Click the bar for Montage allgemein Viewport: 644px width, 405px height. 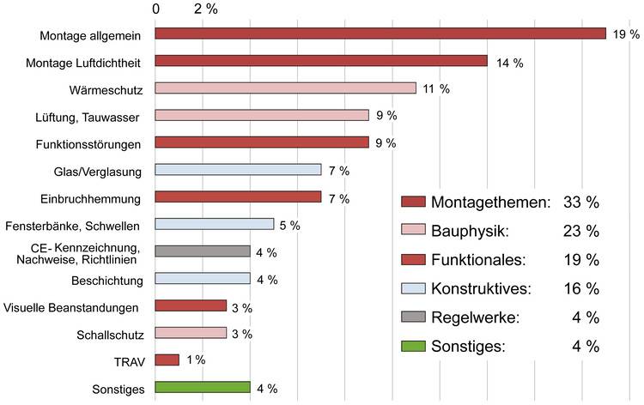pyautogui.click(x=380, y=33)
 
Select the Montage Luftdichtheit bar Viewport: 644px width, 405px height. pyautogui.click(x=321, y=61)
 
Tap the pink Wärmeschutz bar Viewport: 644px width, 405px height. pyautogui.click(x=285, y=88)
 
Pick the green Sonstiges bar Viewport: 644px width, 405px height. pyautogui.click(x=203, y=388)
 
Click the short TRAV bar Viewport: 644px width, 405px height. pyautogui.click(x=167, y=360)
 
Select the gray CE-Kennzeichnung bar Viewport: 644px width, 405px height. pyautogui.click(x=203, y=251)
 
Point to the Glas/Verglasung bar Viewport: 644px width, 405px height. pyautogui.click(x=238, y=170)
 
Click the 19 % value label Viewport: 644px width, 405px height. pyautogui.click(x=626, y=34)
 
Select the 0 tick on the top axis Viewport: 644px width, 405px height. pyautogui.click(x=155, y=9)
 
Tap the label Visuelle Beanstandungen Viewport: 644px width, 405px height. pyautogui.click(x=72, y=306)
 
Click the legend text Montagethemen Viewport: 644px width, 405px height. pyautogui.click(x=490, y=202)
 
